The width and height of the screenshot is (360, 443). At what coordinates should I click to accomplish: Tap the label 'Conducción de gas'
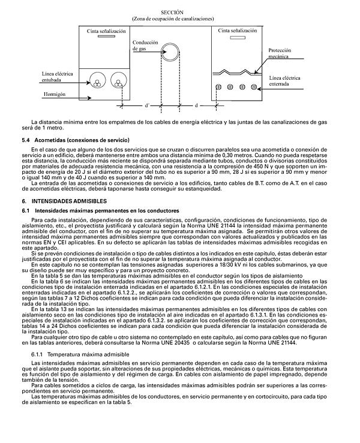point(145,46)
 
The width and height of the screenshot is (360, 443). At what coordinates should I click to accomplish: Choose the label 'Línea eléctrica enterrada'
point(284,81)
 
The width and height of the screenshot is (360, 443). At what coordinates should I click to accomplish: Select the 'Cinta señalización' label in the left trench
point(106,30)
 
